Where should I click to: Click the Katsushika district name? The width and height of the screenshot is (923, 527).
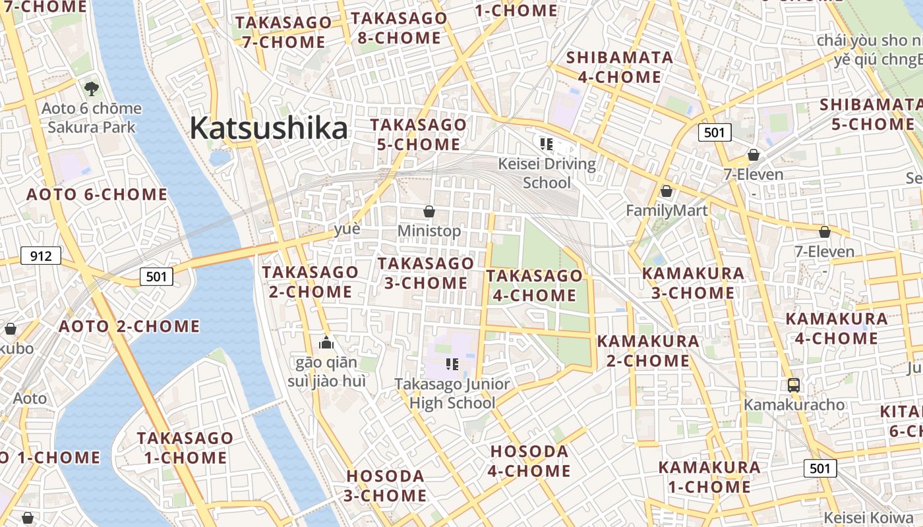tap(268, 128)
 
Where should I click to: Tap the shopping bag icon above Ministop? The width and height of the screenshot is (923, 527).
tap(429, 211)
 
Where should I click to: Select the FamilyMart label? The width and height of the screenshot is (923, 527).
tap(667, 211)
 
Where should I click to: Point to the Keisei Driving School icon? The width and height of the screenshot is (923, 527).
tap(546, 144)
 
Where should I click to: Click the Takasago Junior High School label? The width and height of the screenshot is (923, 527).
tap(452, 393)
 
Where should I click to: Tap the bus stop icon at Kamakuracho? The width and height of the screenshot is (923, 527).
tap(794, 385)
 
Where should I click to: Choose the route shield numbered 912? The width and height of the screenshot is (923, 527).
tap(41, 256)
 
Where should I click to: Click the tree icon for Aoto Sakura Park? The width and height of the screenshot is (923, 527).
tap(92, 88)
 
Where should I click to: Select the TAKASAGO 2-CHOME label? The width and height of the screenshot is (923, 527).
tap(311, 281)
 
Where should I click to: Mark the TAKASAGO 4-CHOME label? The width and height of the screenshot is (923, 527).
tap(535, 285)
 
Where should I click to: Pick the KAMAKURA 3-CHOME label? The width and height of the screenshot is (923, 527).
tap(693, 283)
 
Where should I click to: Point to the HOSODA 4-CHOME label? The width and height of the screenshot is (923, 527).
tap(530, 461)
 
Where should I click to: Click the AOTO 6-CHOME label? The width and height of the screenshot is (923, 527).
tap(97, 194)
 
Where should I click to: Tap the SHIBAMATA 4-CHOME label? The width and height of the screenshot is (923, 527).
tap(620, 67)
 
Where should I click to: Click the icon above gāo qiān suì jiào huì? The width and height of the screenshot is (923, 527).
tap(326, 343)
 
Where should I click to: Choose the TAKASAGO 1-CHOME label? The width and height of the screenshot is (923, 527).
tap(185, 447)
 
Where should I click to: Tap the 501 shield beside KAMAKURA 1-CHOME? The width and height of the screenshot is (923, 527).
tap(820, 468)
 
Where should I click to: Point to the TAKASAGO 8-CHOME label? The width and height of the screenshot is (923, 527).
tap(399, 28)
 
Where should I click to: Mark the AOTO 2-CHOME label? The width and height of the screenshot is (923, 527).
tap(129, 326)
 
